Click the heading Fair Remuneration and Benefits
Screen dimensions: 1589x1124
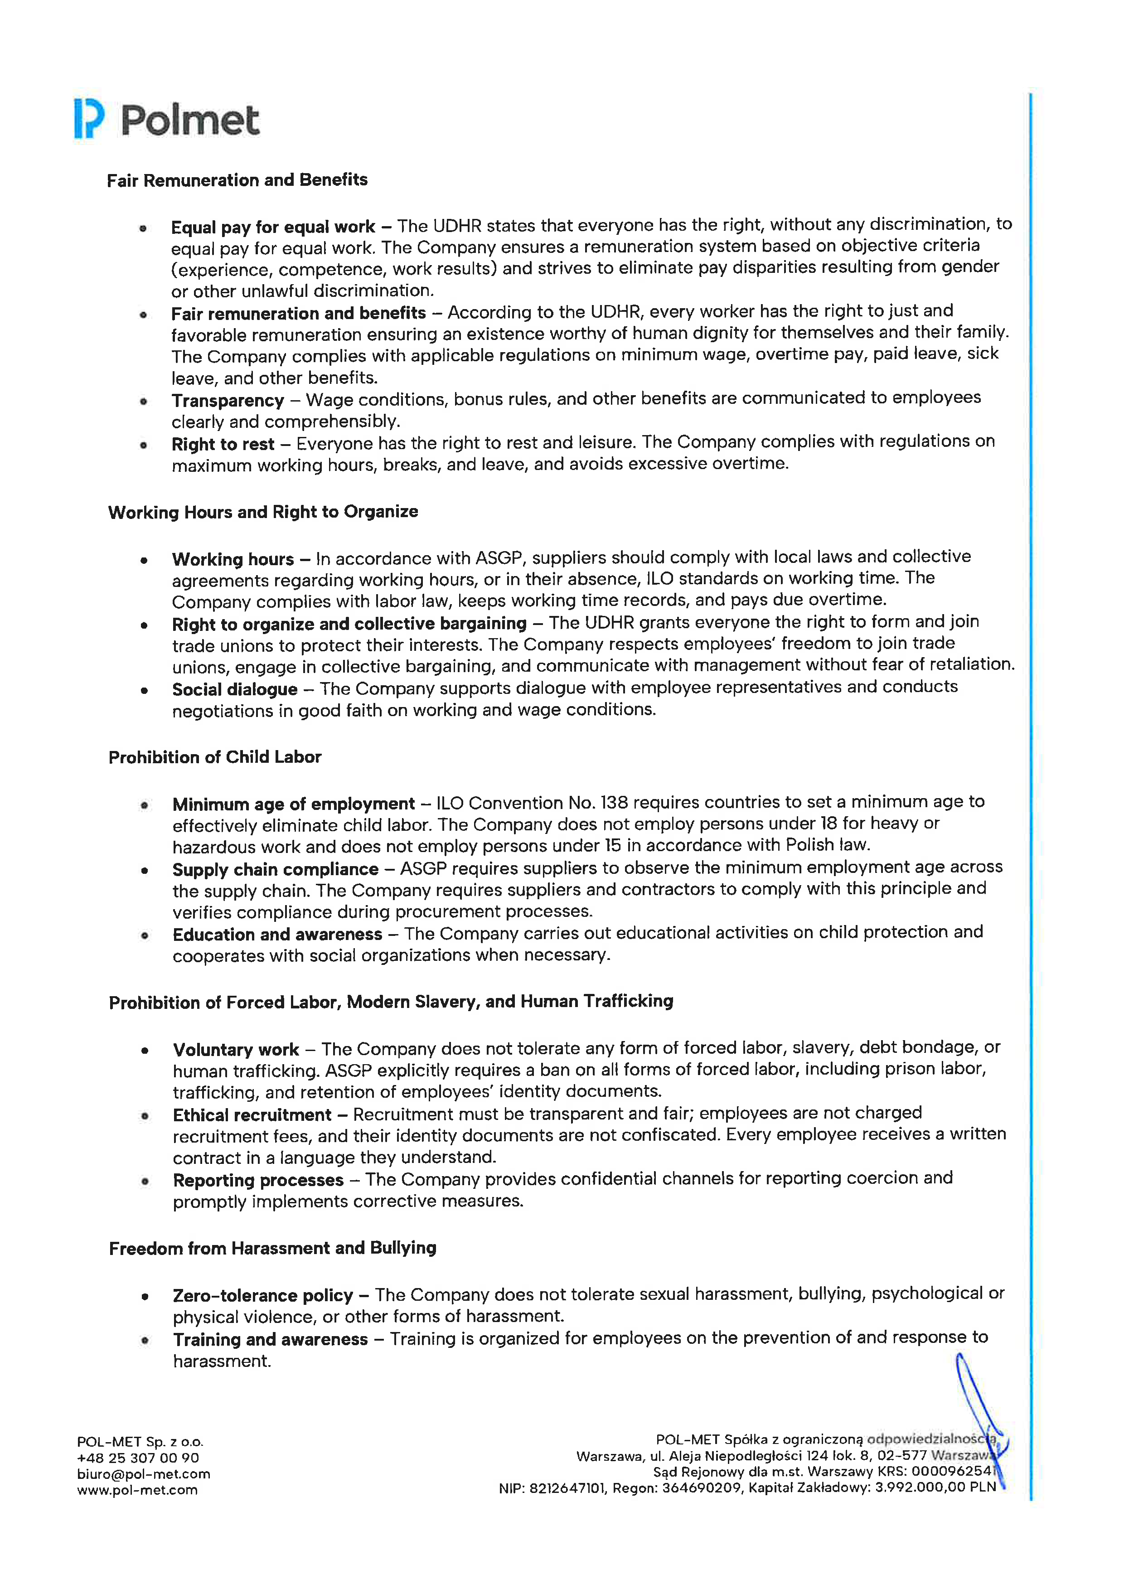pyautogui.click(x=237, y=180)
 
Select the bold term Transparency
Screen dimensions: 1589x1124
pyautogui.click(x=228, y=401)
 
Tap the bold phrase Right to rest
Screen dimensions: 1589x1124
pyautogui.click(x=223, y=444)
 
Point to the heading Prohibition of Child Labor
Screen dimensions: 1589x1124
pyautogui.click(x=214, y=757)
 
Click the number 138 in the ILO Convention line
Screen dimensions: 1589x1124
pyautogui.click(x=614, y=803)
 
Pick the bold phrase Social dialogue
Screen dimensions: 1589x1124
pyautogui.click(x=235, y=689)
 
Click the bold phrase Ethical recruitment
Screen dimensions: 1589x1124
pyautogui.click(x=252, y=1115)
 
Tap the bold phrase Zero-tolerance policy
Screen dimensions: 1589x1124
pyautogui.click(x=263, y=1296)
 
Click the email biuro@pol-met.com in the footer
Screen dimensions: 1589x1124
pyautogui.click(x=143, y=1474)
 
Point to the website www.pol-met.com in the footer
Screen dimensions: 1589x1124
pyautogui.click(x=137, y=1490)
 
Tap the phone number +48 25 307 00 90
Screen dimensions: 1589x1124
pyautogui.click(x=138, y=1458)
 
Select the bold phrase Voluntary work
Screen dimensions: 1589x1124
pyautogui.click(x=236, y=1050)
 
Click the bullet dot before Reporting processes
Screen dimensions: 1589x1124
pyautogui.click(x=145, y=1182)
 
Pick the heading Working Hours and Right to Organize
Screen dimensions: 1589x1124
pyautogui.click(x=263, y=512)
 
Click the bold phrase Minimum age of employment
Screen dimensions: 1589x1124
pyautogui.click(x=293, y=804)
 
